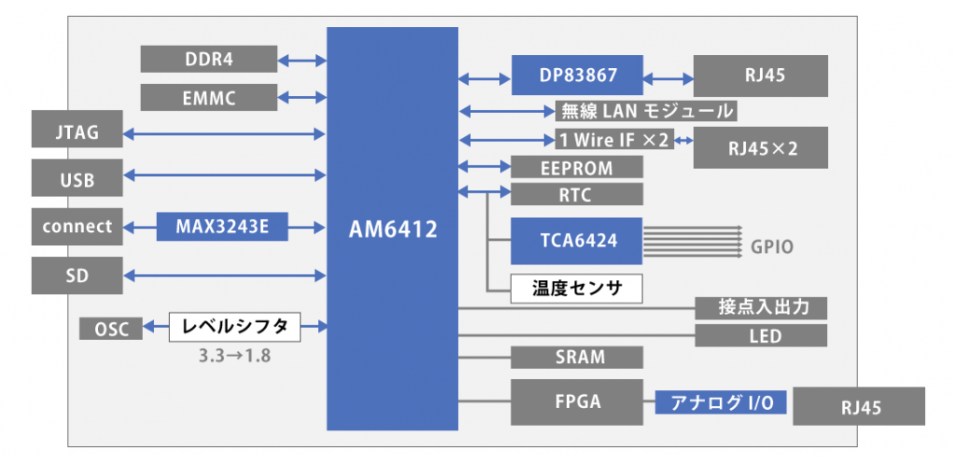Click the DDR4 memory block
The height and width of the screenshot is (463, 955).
coord(209,59)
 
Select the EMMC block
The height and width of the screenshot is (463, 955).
coord(209,97)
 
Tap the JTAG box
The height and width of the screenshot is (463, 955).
coord(76,134)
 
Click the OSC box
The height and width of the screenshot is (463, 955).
coord(111,328)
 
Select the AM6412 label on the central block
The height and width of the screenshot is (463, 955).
coord(392,229)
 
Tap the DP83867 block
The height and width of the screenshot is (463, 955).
coord(577,75)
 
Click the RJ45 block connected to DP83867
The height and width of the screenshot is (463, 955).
coord(760,75)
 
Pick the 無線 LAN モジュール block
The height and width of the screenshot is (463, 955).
coord(645,112)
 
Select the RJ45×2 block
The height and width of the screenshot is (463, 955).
coord(760,147)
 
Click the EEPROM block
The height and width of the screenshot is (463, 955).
coord(577,168)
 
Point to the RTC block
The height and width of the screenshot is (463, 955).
coord(577,195)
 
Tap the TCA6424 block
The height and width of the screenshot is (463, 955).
coord(577,239)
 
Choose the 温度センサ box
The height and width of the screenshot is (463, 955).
coord(577,288)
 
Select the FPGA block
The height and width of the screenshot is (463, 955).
coord(577,402)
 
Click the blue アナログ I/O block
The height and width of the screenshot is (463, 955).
coord(720,402)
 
